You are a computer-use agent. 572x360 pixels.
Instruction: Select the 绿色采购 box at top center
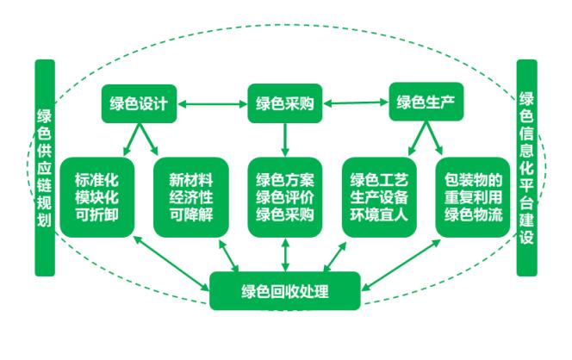[x=284, y=105]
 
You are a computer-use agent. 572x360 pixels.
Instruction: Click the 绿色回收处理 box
[x=285, y=290]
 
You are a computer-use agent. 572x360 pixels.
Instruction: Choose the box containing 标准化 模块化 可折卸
[x=96, y=197]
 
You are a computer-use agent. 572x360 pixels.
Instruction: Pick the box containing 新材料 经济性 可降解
[x=190, y=197]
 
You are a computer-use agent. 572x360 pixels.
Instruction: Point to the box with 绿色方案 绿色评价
[x=285, y=197]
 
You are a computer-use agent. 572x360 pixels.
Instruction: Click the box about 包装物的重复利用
[x=474, y=197]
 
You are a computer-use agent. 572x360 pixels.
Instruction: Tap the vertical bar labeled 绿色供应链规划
[x=45, y=168]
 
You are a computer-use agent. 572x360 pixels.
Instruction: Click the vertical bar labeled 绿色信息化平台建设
[x=527, y=168]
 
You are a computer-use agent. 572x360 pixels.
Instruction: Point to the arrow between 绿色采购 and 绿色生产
[x=355, y=104]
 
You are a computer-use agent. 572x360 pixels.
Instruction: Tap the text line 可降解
[x=190, y=214]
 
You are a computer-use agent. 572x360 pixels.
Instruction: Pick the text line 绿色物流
[x=474, y=214]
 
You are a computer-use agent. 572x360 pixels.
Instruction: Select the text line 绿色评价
[x=285, y=197]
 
